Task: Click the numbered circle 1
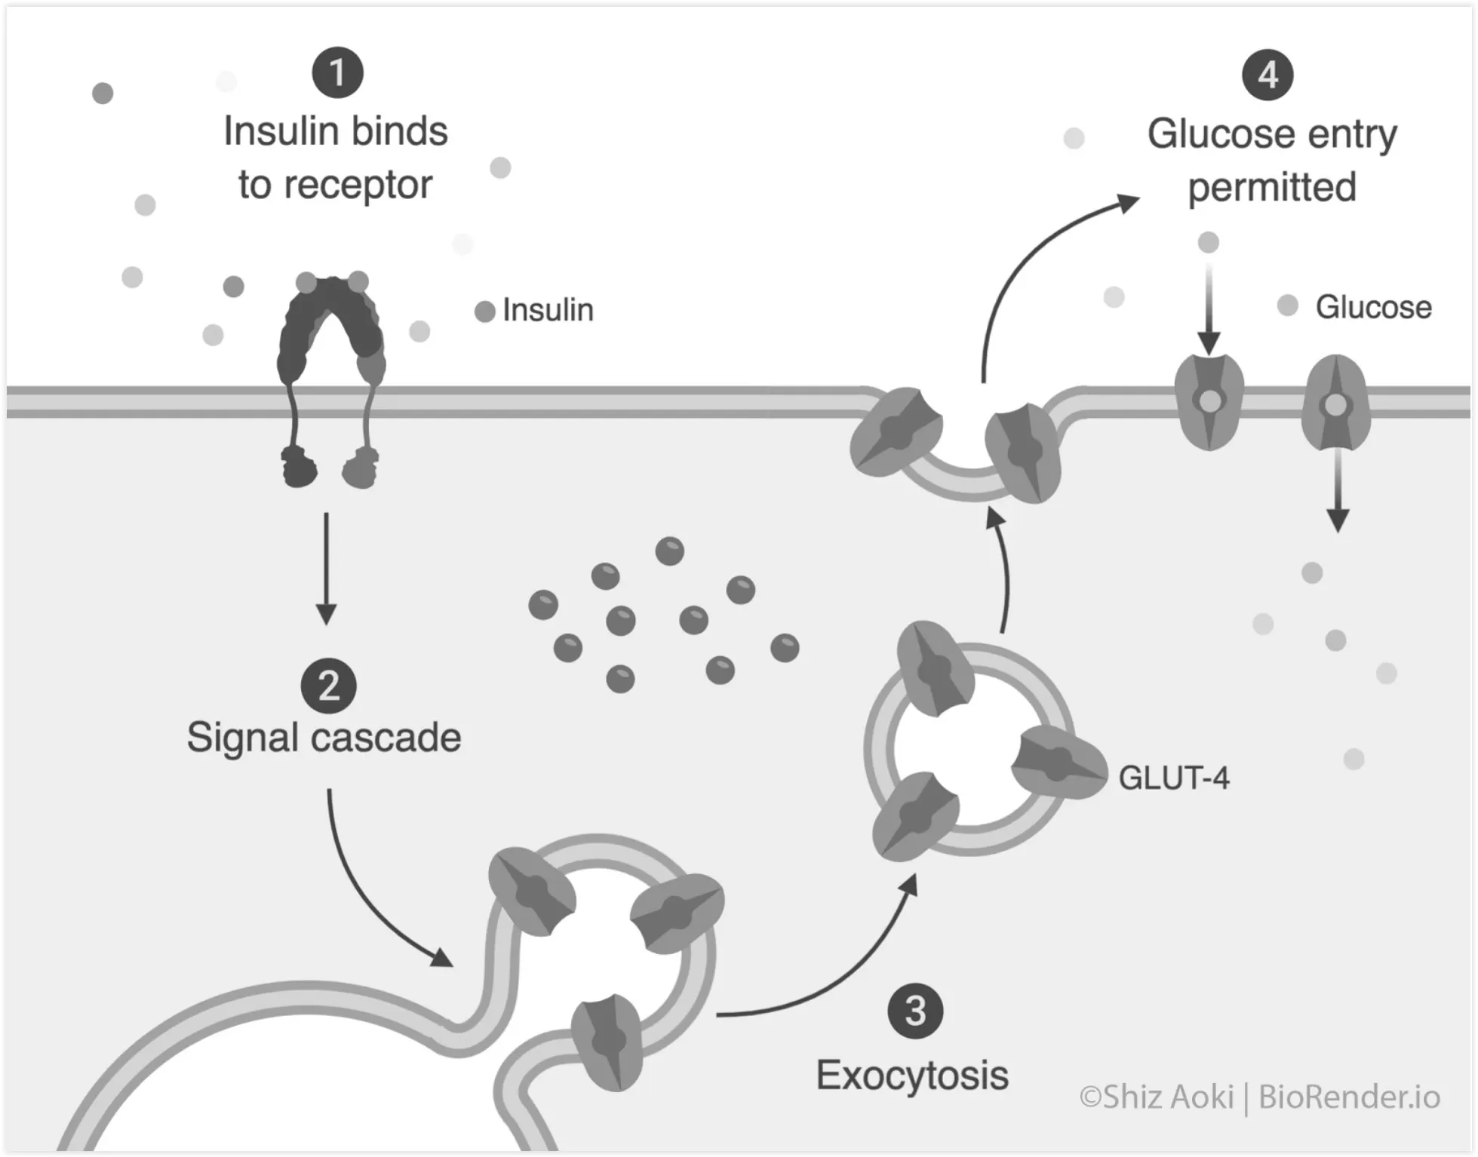coord(337,73)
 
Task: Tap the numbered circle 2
coord(328,686)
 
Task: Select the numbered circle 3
coord(915,1011)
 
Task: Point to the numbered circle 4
coord(1268,75)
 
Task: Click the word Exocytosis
coord(912,1076)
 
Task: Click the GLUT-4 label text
coord(1173,778)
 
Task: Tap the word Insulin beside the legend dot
coord(548,310)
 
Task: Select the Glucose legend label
coord(1373,307)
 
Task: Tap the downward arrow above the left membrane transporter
coord(1209,309)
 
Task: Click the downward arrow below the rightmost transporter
coord(1338,490)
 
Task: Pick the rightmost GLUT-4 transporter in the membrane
coord(1335,404)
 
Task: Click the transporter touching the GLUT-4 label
coord(1058,763)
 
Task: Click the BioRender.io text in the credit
coord(1350,1097)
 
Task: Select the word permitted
coord(1272,187)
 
